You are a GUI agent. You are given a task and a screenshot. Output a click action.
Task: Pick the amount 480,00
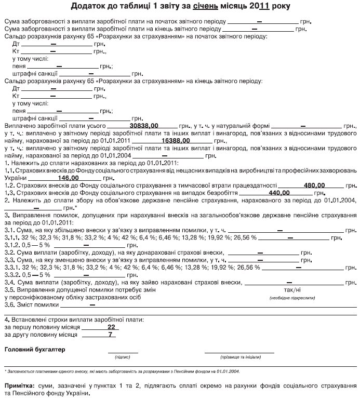pos(314,184)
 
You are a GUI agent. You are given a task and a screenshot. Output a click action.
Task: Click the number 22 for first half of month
pos(111,327)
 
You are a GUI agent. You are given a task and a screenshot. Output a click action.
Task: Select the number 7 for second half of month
pos(110,335)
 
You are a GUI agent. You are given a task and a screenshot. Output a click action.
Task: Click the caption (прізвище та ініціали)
pos(238,357)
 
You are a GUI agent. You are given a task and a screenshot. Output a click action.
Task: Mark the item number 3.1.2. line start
pos(12,244)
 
